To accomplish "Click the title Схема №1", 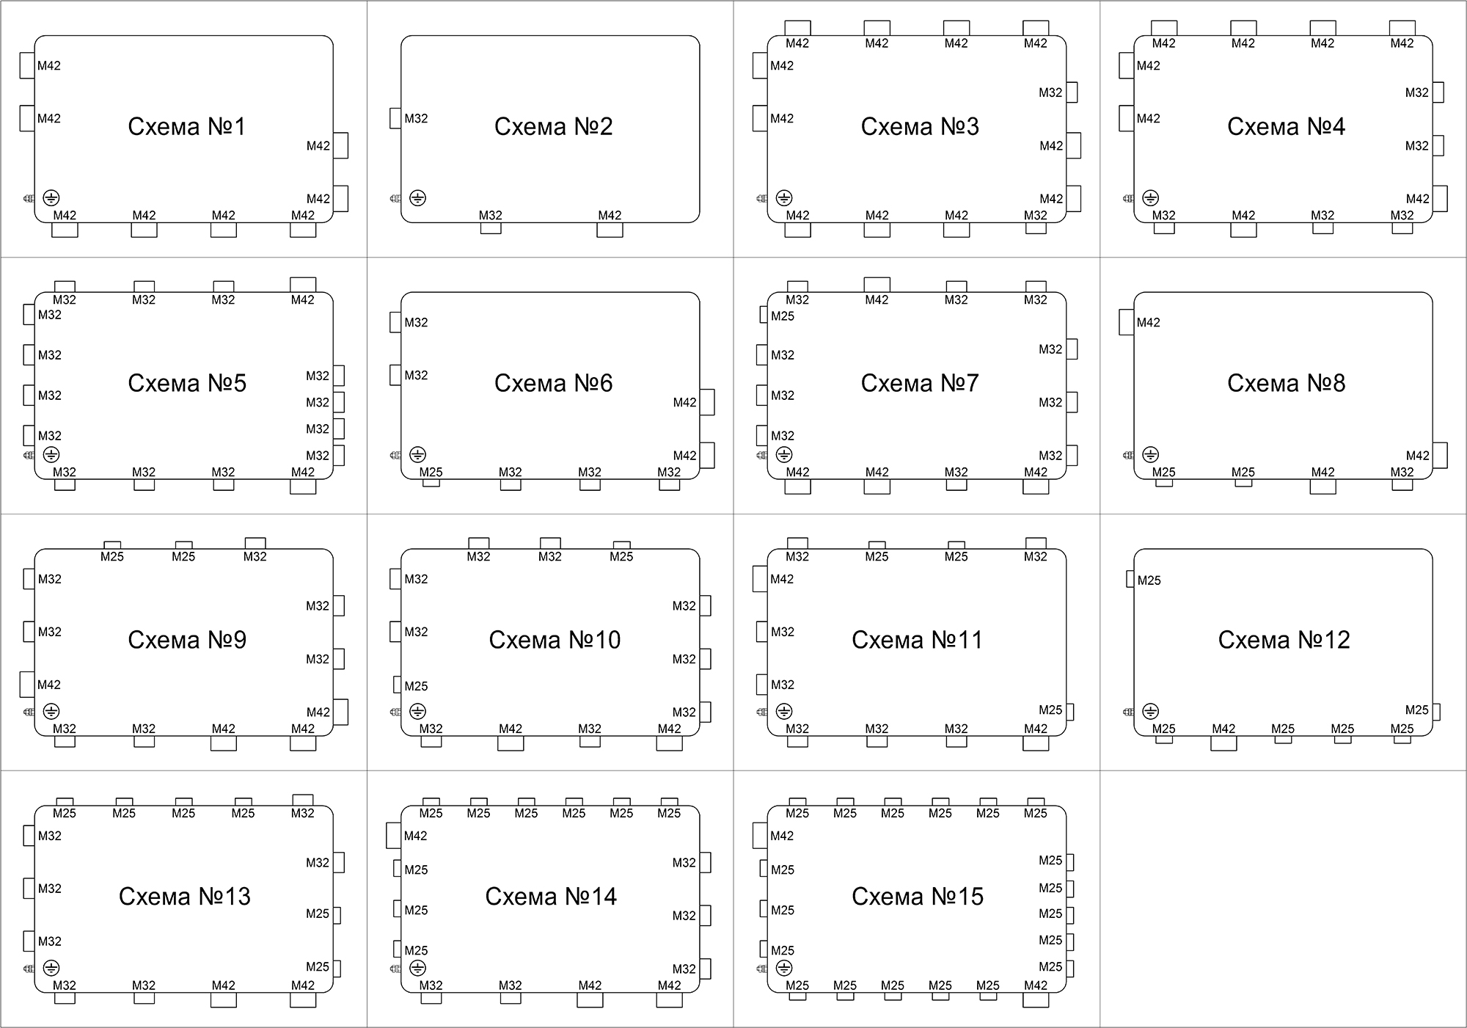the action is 187,126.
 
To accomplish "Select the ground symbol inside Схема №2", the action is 417,198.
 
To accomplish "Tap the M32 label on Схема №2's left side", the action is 416,118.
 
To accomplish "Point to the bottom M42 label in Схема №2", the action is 610,215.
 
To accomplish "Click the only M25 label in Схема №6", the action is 431,472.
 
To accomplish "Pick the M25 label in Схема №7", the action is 783,316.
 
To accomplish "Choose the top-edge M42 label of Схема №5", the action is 302,299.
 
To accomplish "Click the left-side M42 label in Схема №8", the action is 1149,322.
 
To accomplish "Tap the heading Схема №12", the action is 1284,640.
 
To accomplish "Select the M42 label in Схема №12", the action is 1223,729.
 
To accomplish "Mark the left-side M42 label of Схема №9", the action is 49,685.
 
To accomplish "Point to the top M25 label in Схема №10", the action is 621,556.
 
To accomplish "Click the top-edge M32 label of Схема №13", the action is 302,813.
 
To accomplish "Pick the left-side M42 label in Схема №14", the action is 415,836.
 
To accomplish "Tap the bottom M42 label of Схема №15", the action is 1036,985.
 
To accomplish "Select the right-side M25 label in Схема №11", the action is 1050,710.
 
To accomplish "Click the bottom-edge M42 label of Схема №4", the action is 1243,215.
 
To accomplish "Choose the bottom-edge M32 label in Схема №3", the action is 1036,215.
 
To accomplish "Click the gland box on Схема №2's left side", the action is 395,118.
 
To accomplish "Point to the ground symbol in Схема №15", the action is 784,969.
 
